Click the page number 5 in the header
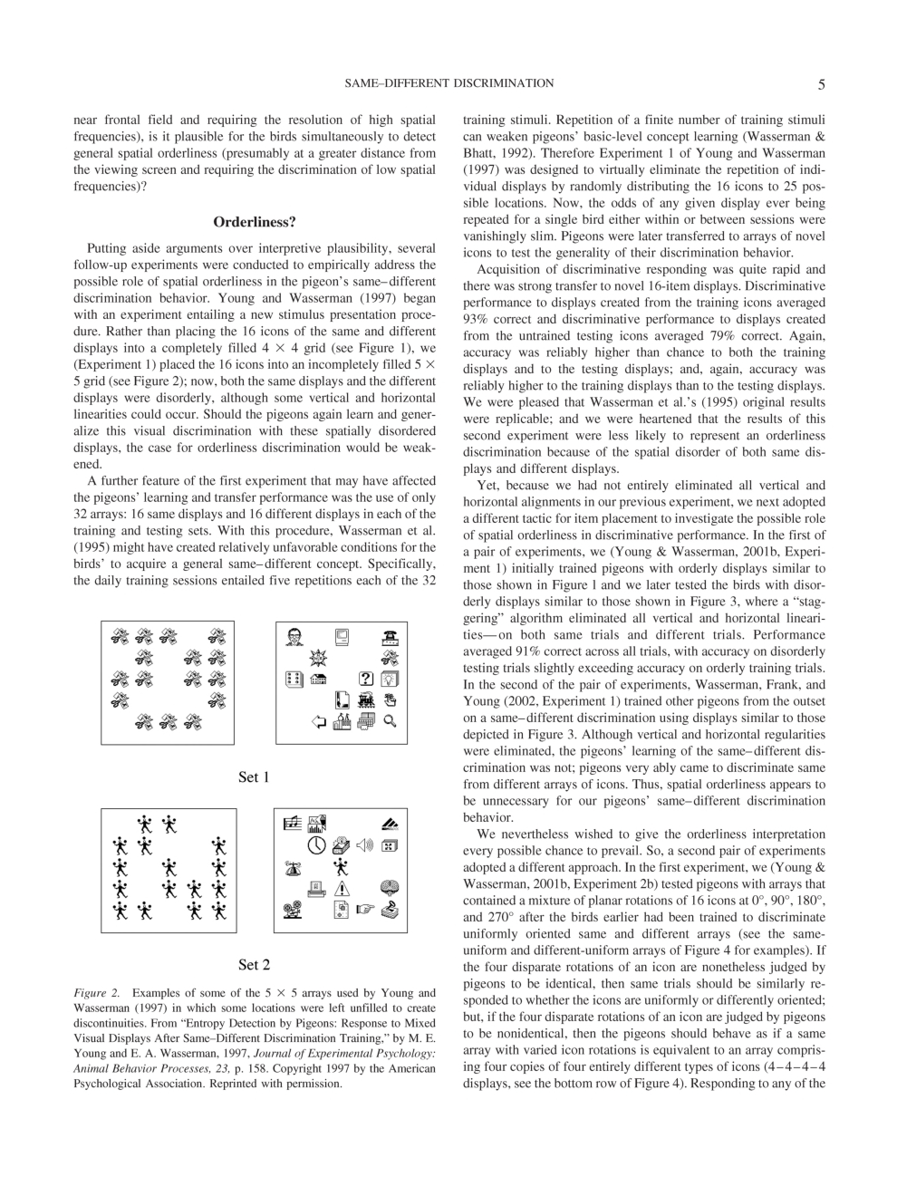point(821,85)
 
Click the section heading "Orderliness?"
point(255,222)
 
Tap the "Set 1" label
point(254,777)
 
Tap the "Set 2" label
point(254,965)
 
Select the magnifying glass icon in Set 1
point(391,721)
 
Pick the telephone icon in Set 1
point(391,636)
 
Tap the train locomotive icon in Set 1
point(367,699)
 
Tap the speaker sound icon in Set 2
point(365,845)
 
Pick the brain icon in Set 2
point(390,888)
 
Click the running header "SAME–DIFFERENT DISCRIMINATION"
point(449,83)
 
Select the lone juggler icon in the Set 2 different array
point(342,867)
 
